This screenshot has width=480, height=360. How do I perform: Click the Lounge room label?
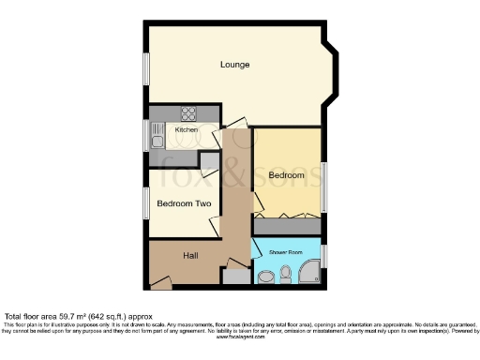pyautogui.click(x=234, y=65)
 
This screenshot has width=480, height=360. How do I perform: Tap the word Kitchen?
pyautogui.click(x=187, y=129)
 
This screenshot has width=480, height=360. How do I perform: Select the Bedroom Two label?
pyautogui.click(x=183, y=203)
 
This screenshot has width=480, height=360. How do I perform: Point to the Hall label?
pyautogui.click(x=190, y=255)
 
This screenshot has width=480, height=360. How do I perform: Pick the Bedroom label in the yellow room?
pyautogui.click(x=286, y=175)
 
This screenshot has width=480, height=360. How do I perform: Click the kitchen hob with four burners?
pyautogui.click(x=187, y=115)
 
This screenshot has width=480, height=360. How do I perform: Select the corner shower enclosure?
pyautogui.click(x=307, y=274)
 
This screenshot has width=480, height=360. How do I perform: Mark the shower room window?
pyautogui.click(x=324, y=255)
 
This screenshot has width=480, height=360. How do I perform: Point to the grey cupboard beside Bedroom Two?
pyautogui.click(x=209, y=160)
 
